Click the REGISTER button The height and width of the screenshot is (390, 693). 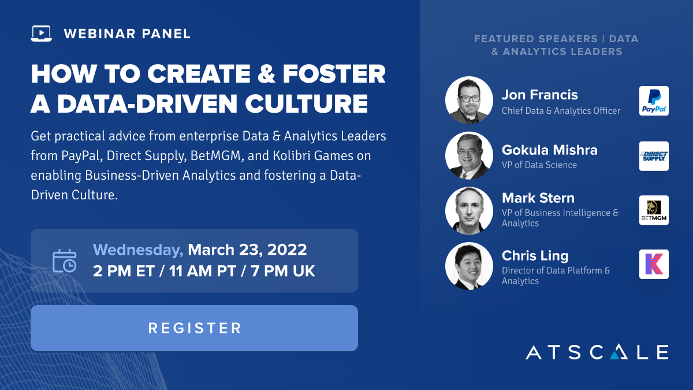click(194, 328)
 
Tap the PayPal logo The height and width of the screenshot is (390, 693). click(654, 101)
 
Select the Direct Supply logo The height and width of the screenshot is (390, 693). click(654, 156)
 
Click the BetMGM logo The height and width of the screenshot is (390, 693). click(654, 210)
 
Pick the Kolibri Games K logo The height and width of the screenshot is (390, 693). click(654, 264)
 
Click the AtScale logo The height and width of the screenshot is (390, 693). click(597, 352)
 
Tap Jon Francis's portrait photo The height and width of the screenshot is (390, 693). click(469, 101)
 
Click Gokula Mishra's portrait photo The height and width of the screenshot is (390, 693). click(469, 155)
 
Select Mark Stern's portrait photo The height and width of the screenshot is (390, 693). click(469, 210)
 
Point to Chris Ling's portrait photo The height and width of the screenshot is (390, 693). click(469, 266)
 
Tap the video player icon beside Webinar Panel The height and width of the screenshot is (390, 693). click(41, 34)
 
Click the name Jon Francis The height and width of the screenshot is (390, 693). click(539, 95)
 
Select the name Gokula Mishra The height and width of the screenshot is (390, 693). click(549, 150)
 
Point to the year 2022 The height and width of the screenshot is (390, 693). click(287, 250)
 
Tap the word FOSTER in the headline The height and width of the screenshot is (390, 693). click(334, 74)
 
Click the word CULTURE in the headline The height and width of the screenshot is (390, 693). click(306, 103)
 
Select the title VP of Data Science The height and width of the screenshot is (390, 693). click(539, 165)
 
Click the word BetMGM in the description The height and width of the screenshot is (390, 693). click(215, 155)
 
